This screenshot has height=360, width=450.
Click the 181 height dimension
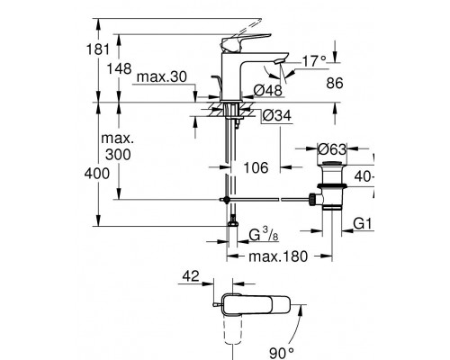point(98,49)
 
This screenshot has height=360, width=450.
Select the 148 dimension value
point(120,68)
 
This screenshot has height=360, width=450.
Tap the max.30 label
point(161,76)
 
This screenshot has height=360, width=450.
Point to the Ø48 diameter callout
point(268,90)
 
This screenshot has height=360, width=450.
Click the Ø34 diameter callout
point(276,115)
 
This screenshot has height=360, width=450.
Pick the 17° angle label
point(314,61)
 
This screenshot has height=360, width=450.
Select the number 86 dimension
point(335,83)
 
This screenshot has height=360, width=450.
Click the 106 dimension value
point(256,167)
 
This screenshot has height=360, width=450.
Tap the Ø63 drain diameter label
point(332,148)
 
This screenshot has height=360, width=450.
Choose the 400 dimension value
point(97,174)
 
